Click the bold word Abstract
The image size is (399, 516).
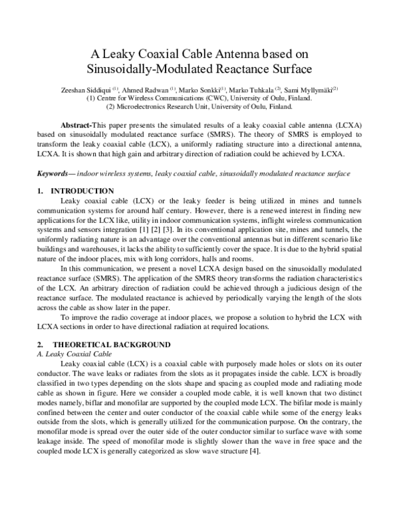(76, 126)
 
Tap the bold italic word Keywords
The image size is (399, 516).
(54, 174)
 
